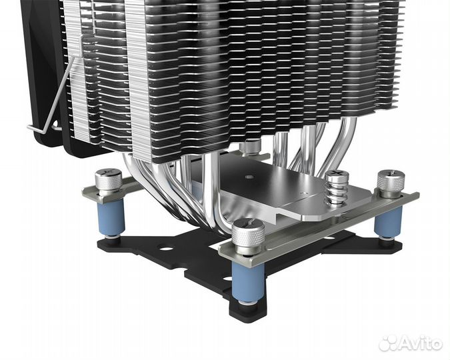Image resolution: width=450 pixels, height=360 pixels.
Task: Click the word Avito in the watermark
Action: (419, 343)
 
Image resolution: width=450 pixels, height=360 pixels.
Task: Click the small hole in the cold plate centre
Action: (249, 177)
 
